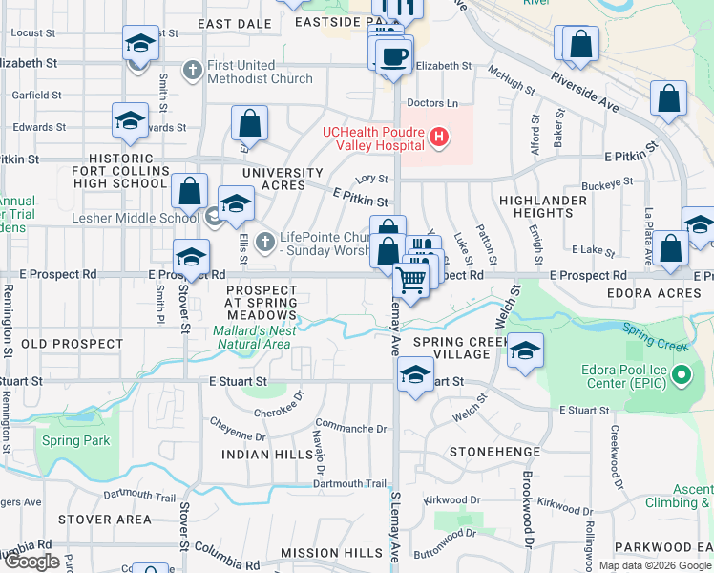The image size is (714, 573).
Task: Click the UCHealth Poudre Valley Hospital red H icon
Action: point(439,138)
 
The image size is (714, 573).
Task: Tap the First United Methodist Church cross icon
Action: point(193,70)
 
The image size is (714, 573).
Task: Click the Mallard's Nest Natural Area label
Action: point(252,337)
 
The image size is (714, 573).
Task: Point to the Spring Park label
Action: point(74,441)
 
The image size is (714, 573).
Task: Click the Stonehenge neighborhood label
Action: point(488,451)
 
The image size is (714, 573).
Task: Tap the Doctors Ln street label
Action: point(432,103)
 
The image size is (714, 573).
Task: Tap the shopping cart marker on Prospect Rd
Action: point(410,279)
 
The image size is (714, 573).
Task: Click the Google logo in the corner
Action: point(31,562)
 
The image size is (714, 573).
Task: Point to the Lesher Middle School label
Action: point(136,218)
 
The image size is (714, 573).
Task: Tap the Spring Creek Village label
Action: point(451,347)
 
